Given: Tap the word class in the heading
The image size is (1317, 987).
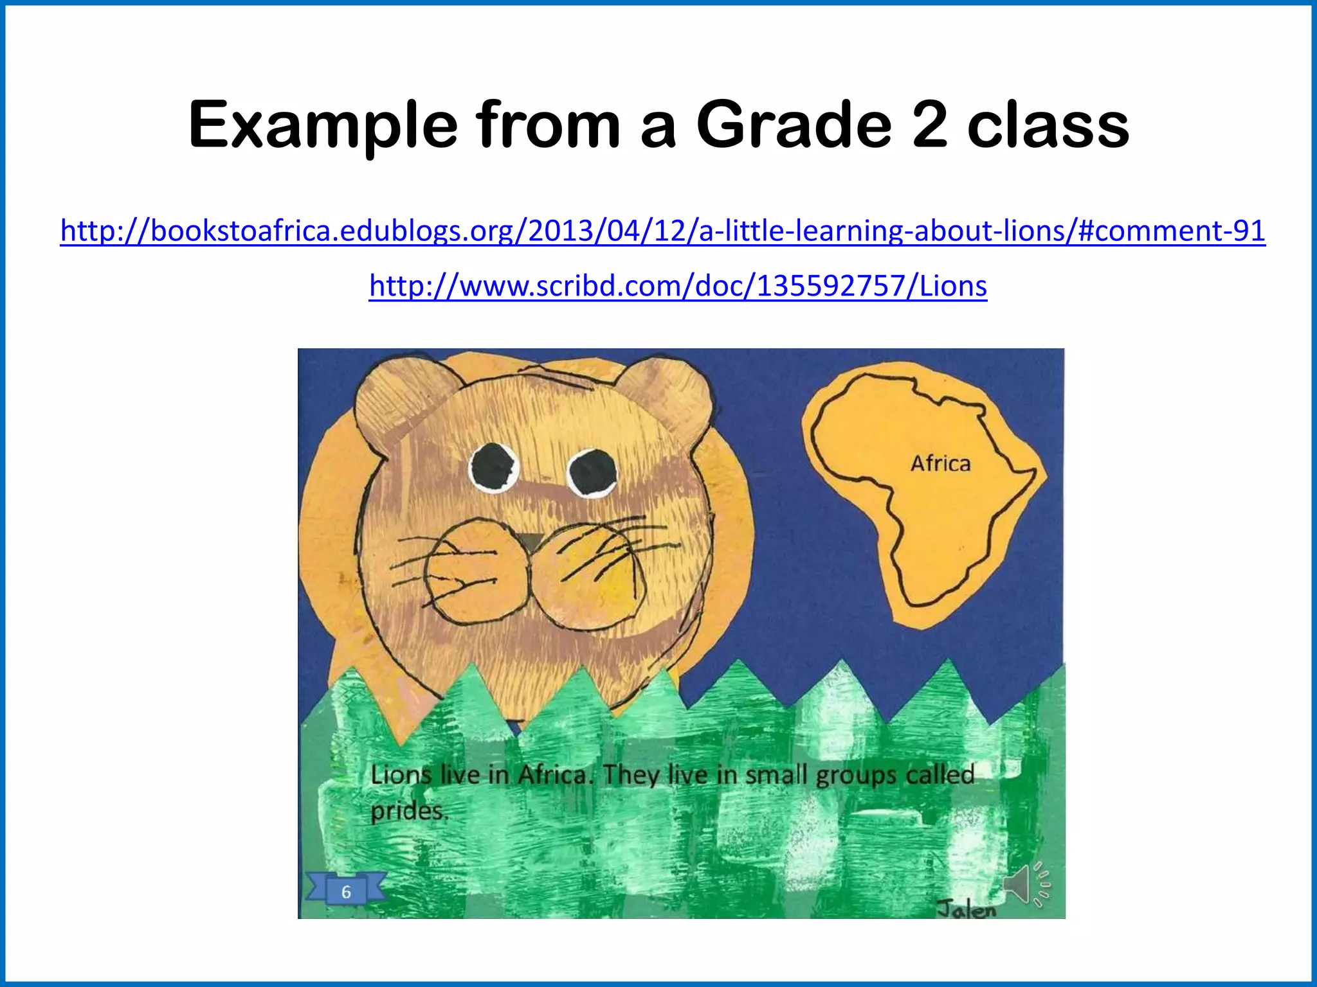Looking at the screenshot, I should tap(1048, 125).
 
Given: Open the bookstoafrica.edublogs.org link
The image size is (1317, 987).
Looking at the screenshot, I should tap(662, 230).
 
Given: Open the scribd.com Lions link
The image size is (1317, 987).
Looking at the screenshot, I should tap(678, 286).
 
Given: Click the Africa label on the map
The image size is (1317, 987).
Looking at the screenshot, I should tap(940, 463).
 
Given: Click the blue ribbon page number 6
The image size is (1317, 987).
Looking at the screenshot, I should tap(346, 891).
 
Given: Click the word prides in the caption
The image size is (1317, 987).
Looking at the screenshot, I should tap(408, 812).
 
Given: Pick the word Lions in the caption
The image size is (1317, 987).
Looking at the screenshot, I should tap(401, 774).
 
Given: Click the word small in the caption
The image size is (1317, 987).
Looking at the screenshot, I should tap(776, 775).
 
